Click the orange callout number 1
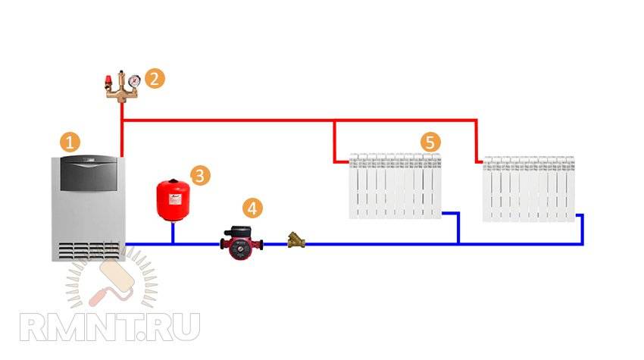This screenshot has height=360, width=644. point(70,142)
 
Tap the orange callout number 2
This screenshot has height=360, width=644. point(155,78)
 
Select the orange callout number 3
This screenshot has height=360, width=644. point(199,176)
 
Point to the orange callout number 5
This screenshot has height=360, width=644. point(430,142)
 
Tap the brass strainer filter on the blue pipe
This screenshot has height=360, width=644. point(294,243)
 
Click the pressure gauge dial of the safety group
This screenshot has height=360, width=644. point(134,79)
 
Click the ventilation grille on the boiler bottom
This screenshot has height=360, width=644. point(87,250)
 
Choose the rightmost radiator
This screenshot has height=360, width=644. point(529,189)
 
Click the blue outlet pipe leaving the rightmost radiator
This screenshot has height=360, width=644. point(581,227)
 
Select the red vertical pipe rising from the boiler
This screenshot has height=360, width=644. point(121,136)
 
